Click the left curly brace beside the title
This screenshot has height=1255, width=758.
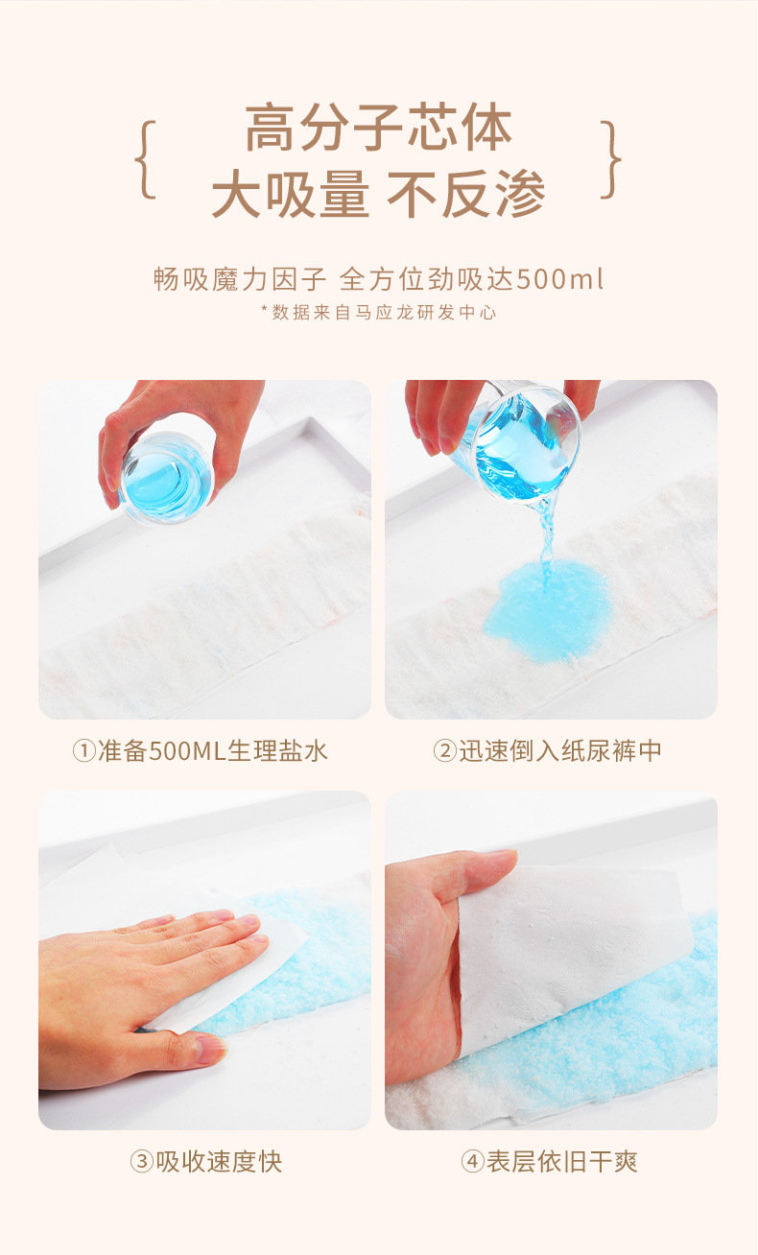coord(145,159)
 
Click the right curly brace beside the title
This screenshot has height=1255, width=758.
coord(610,159)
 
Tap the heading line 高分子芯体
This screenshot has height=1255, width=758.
coord(379,128)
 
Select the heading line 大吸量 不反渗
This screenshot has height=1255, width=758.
coord(379,193)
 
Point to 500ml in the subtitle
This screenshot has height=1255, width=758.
coord(559,279)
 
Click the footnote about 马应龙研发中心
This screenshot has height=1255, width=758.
coord(379,312)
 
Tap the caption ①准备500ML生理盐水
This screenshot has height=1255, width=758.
coord(200,750)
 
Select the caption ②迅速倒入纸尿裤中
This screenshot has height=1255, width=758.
coord(547,750)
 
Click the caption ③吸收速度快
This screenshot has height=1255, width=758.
coord(206,1161)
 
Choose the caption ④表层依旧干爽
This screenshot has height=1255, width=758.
coord(549,1161)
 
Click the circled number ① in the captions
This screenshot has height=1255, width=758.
coord(84,751)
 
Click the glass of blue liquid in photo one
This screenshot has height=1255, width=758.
coord(167,478)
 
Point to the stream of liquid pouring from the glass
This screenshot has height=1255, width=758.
coord(546,538)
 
